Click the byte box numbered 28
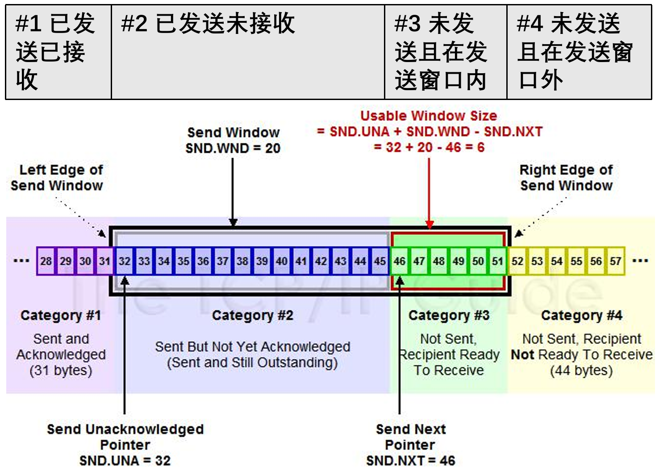(46, 261)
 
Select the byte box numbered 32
(125, 261)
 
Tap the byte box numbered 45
(380, 261)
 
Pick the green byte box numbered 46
(400, 261)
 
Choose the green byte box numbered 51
(498, 261)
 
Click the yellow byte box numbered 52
(517, 261)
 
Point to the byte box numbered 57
(616, 261)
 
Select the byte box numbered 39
(262, 261)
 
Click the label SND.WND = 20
(233, 148)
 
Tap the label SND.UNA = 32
(125, 460)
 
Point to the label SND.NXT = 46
(411, 460)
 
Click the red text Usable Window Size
(429, 116)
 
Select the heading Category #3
(449, 315)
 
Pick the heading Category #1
(61, 315)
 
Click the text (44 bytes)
(582, 370)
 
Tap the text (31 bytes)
(61, 370)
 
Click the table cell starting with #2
(248, 52)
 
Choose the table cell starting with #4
(579, 52)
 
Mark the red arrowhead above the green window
(429, 225)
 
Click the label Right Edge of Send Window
(566, 178)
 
